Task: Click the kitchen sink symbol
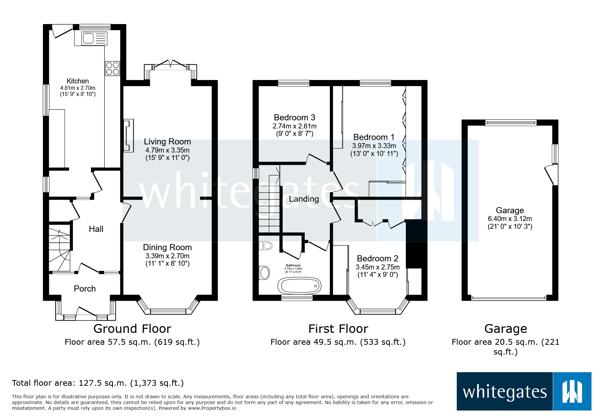[x=91, y=38]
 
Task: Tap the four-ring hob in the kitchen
[x=112, y=68]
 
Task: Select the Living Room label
[x=167, y=142]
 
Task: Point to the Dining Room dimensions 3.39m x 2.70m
[x=167, y=256]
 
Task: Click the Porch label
[x=84, y=288]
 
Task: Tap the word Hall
[x=96, y=229]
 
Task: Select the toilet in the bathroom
[x=266, y=245]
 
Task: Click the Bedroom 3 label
[x=294, y=118]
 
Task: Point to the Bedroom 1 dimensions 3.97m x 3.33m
[x=374, y=146]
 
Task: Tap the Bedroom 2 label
[x=377, y=258]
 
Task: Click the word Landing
[x=304, y=199]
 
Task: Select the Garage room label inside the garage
[x=510, y=211]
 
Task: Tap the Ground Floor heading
[x=132, y=328]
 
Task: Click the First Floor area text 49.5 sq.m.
[x=338, y=342]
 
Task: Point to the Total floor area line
[x=98, y=383]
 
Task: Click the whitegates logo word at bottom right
[x=505, y=392]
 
